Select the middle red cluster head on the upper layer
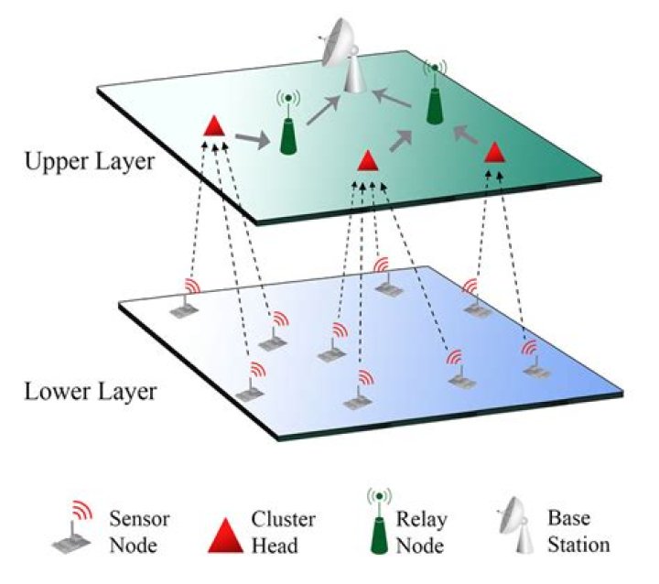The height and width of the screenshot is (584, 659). click(x=367, y=161)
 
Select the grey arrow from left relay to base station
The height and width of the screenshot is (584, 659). click(x=321, y=110)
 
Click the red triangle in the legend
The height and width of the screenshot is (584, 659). click(x=226, y=533)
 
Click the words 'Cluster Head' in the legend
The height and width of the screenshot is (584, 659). click(x=283, y=533)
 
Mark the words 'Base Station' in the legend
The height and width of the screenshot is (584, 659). click(x=579, y=533)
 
